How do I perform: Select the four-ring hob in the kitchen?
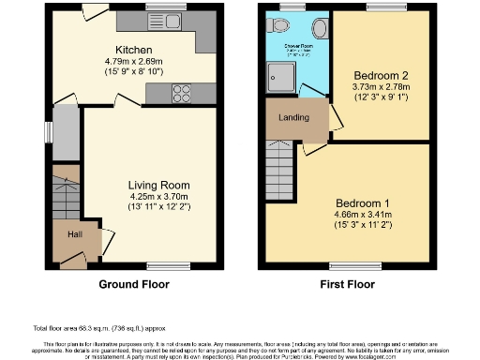coord(182,92)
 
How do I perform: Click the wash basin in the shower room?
coord(280,28)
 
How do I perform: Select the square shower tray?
coord(281,79)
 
